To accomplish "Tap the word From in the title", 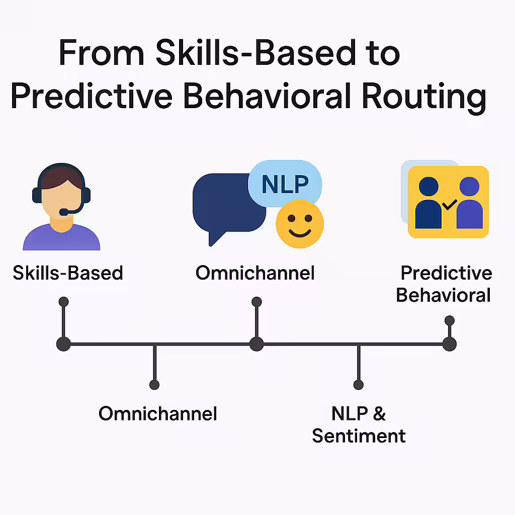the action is click(102, 52).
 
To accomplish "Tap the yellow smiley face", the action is click(300, 224).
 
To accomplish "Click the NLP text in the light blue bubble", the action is click(285, 184).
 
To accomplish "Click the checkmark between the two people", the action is click(450, 205).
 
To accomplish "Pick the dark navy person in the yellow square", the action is click(428, 203).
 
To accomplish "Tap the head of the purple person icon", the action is click(469, 186).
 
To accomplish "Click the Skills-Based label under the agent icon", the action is click(68, 273).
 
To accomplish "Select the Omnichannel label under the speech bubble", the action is click(255, 273).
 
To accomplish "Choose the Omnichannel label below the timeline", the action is click(157, 413).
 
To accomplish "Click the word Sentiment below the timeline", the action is click(359, 436).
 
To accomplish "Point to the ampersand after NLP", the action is click(379, 413).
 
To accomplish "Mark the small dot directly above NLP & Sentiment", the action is click(358, 385).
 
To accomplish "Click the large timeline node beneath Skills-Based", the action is click(63, 344).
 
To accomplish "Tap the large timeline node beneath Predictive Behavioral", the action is click(449, 344).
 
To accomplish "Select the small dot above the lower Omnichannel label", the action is click(154, 385).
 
